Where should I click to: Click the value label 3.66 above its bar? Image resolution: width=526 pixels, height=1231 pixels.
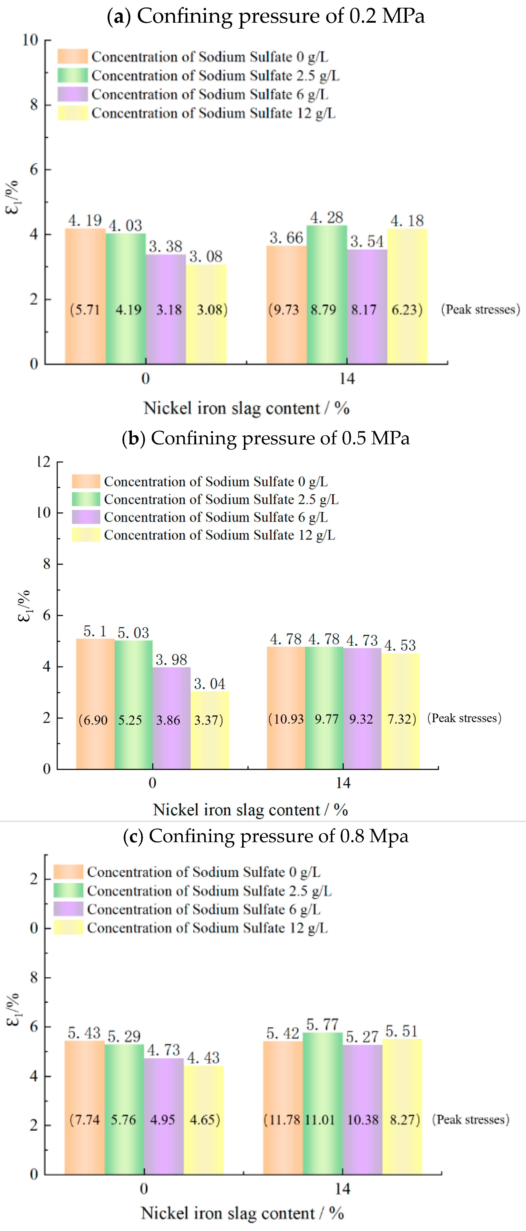(x=286, y=237)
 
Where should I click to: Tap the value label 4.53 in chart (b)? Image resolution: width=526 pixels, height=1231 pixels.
(x=400, y=646)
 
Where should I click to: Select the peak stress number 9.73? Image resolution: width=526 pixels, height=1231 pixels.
(x=285, y=310)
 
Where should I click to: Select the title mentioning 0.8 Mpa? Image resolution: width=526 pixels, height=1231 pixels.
(x=265, y=836)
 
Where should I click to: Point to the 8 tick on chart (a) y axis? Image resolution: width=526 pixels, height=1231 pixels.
(x=34, y=105)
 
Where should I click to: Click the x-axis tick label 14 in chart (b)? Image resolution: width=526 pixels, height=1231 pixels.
(x=343, y=783)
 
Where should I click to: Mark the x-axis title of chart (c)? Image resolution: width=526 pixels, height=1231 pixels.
(x=242, y=1213)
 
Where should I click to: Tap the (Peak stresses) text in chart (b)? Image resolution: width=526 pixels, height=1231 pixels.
(x=464, y=718)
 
